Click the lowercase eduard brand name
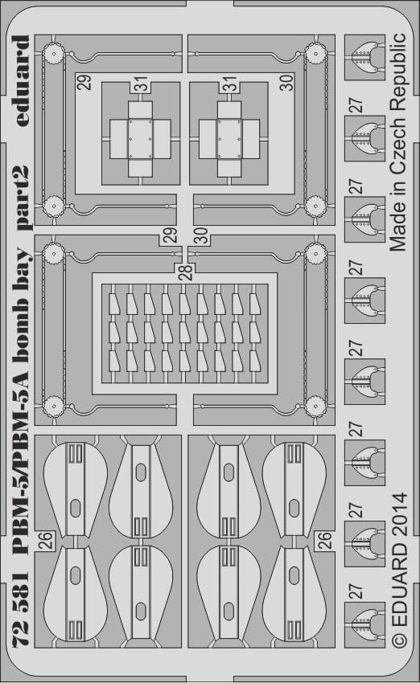tap(20, 81)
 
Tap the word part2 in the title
tap(22, 198)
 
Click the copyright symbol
tap(399, 639)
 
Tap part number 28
tap(185, 272)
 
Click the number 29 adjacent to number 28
tap(170, 235)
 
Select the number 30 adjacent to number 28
tap(200, 235)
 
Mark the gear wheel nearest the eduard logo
tap(53, 55)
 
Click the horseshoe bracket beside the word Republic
tap(365, 58)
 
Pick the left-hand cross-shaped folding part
tap(140, 139)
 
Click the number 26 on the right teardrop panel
tap(324, 540)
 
